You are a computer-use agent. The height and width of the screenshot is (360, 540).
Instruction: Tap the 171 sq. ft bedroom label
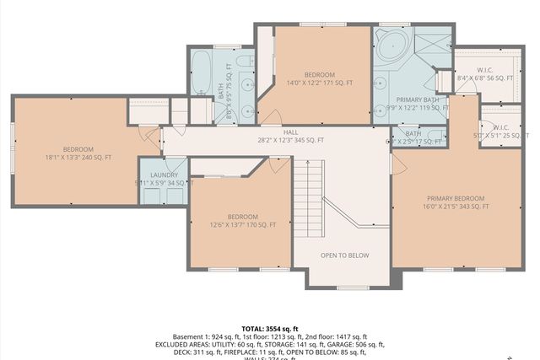tap(320, 78)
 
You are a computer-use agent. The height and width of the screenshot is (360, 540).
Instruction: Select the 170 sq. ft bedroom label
tap(242, 221)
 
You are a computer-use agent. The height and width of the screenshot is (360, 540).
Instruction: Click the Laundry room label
tap(164, 178)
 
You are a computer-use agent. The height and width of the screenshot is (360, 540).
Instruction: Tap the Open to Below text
tap(344, 255)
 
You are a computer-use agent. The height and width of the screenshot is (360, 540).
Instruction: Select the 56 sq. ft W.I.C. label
tap(484, 73)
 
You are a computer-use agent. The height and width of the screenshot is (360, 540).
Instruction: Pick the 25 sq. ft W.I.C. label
tap(502, 132)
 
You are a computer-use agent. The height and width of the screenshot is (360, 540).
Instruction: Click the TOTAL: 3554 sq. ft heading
tap(269, 328)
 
